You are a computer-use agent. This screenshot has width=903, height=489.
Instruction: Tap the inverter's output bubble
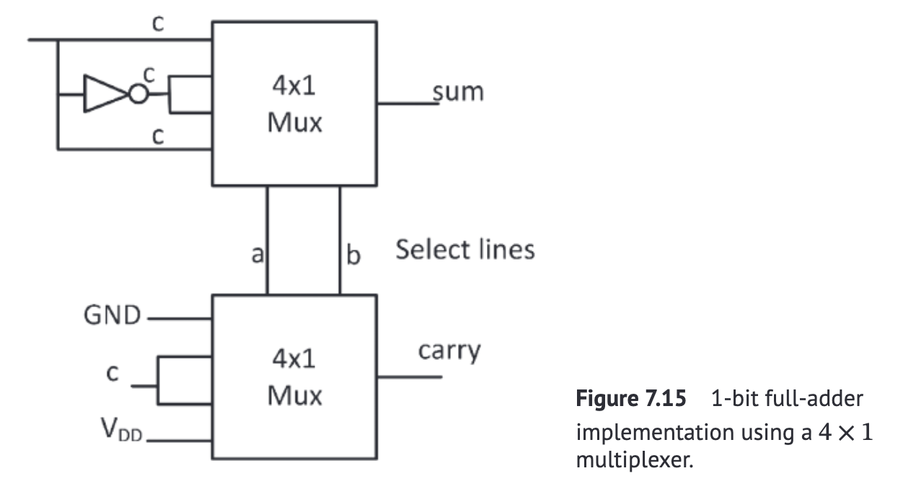(135, 94)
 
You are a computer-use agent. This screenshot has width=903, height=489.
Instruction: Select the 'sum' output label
(459, 92)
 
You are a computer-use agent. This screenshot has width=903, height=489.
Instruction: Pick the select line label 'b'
(353, 255)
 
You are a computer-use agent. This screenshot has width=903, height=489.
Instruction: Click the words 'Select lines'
(465, 250)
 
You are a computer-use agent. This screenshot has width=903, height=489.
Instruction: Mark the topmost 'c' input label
(158, 24)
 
